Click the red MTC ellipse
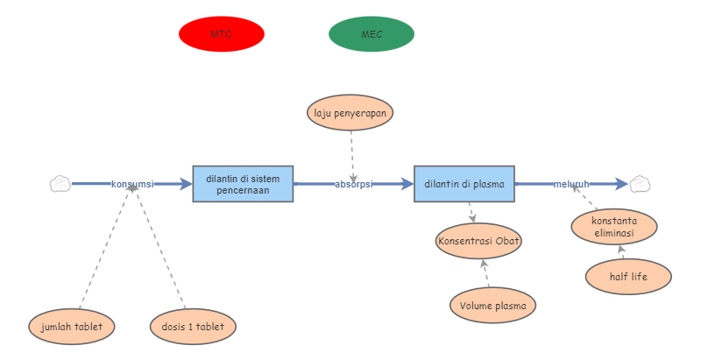(x=221, y=34)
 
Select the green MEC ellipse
(x=372, y=34)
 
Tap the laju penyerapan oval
(x=350, y=113)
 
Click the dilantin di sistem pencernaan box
(x=243, y=184)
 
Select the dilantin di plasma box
(x=464, y=184)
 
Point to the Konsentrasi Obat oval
(x=478, y=241)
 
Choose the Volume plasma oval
(x=493, y=306)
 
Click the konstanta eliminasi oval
(x=613, y=227)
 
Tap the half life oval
(x=628, y=277)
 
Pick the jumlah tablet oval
(x=72, y=327)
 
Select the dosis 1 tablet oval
(x=193, y=327)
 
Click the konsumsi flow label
(x=132, y=184)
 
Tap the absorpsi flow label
(x=354, y=184)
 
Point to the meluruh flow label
(x=570, y=184)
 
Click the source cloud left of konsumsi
(x=60, y=184)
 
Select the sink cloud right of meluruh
(x=641, y=184)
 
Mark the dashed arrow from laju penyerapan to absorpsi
(x=351, y=153)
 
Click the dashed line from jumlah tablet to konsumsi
(x=105, y=251)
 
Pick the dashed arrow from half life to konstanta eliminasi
(x=621, y=252)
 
